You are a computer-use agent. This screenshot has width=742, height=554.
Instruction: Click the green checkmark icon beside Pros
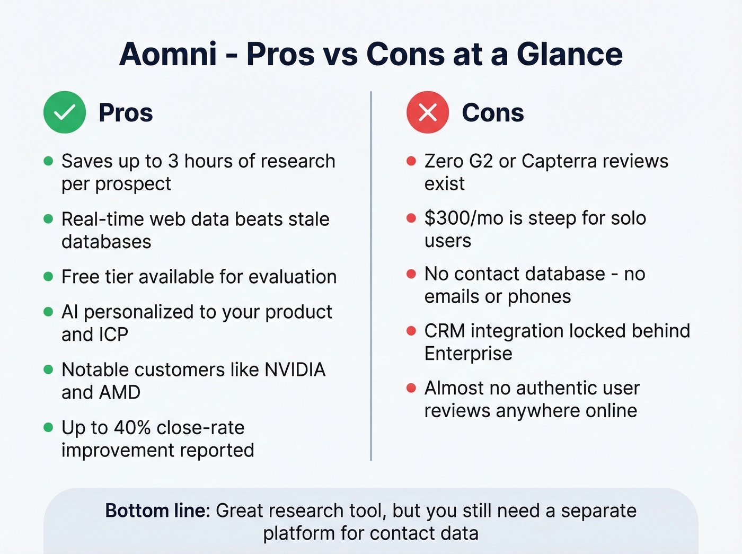(x=65, y=112)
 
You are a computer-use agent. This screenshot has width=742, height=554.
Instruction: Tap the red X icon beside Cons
(x=428, y=112)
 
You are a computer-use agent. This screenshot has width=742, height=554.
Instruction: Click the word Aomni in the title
(x=168, y=54)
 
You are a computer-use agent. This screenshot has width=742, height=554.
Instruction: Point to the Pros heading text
(x=126, y=113)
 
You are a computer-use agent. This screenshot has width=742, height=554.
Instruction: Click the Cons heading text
(x=492, y=113)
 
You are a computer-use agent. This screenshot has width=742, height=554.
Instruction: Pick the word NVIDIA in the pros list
(x=295, y=370)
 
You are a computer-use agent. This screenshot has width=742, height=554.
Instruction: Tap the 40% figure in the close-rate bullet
(x=132, y=427)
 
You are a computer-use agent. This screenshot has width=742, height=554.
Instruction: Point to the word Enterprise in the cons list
(x=468, y=354)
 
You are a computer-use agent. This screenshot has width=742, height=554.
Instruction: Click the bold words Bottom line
(x=157, y=511)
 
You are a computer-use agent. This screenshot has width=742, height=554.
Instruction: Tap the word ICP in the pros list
(x=113, y=335)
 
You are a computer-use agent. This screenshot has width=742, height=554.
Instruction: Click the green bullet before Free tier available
(x=48, y=277)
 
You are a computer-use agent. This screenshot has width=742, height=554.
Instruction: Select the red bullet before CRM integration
(x=411, y=331)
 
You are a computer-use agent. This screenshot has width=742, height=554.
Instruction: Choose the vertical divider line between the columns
(x=371, y=276)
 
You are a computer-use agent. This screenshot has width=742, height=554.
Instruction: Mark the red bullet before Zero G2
(x=411, y=161)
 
